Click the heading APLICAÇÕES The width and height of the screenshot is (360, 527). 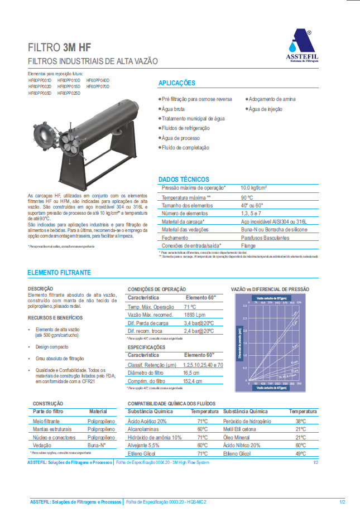(176, 83)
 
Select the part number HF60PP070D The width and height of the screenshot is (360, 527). (98, 87)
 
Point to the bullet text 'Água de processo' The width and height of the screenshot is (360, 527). (180, 138)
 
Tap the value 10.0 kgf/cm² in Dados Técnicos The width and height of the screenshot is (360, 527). (253, 188)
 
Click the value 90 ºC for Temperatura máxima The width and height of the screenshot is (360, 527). (247, 198)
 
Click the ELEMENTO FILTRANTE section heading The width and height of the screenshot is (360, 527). (59, 272)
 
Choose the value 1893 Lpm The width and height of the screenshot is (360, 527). (194, 315)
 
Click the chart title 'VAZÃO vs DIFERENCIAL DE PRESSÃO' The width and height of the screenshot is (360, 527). (270, 289)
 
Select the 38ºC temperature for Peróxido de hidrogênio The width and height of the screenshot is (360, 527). (301, 421)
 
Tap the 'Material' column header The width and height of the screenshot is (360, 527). (98, 412)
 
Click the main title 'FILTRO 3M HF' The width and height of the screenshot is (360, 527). (60, 48)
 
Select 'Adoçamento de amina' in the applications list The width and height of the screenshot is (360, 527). (272, 99)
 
